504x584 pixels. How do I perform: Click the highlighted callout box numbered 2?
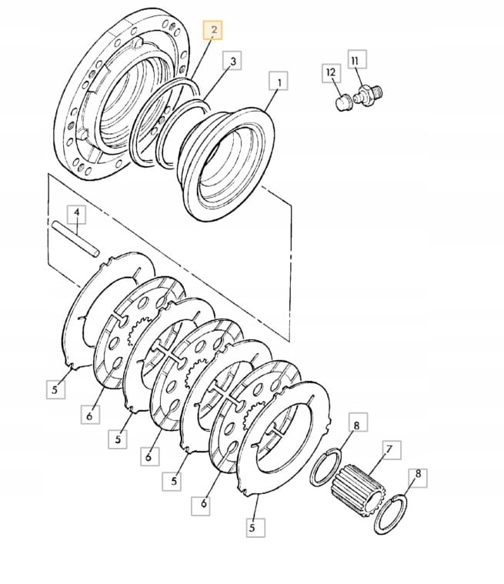(212, 30)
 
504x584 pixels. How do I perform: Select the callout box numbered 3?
(232, 61)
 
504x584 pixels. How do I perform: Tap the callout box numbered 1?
(279, 81)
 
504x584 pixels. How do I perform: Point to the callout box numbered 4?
(76, 214)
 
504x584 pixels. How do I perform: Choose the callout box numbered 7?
(389, 450)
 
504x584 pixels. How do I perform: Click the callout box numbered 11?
(357, 59)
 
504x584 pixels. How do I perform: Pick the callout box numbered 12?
(331, 73)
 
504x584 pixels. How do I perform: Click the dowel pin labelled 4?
(76, 239)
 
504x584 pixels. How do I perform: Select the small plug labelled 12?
(344, 102)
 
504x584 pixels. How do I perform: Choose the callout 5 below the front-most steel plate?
(255, 528)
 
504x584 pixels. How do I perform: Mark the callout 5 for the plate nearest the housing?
(55, 389)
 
